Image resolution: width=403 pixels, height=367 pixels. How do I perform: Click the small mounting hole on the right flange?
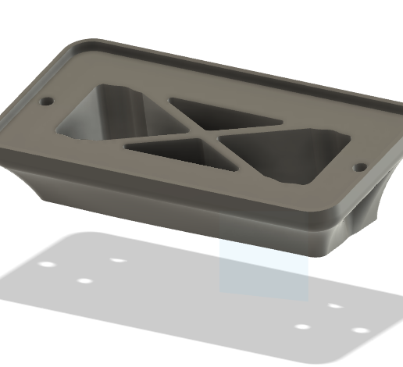tap(360, 167)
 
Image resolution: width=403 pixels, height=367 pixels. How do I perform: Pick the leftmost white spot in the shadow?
tap(48, 265)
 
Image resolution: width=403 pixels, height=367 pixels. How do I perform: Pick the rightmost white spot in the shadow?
tap(360, 330)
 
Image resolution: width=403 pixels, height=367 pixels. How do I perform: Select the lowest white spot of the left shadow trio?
tap(86, 280)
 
